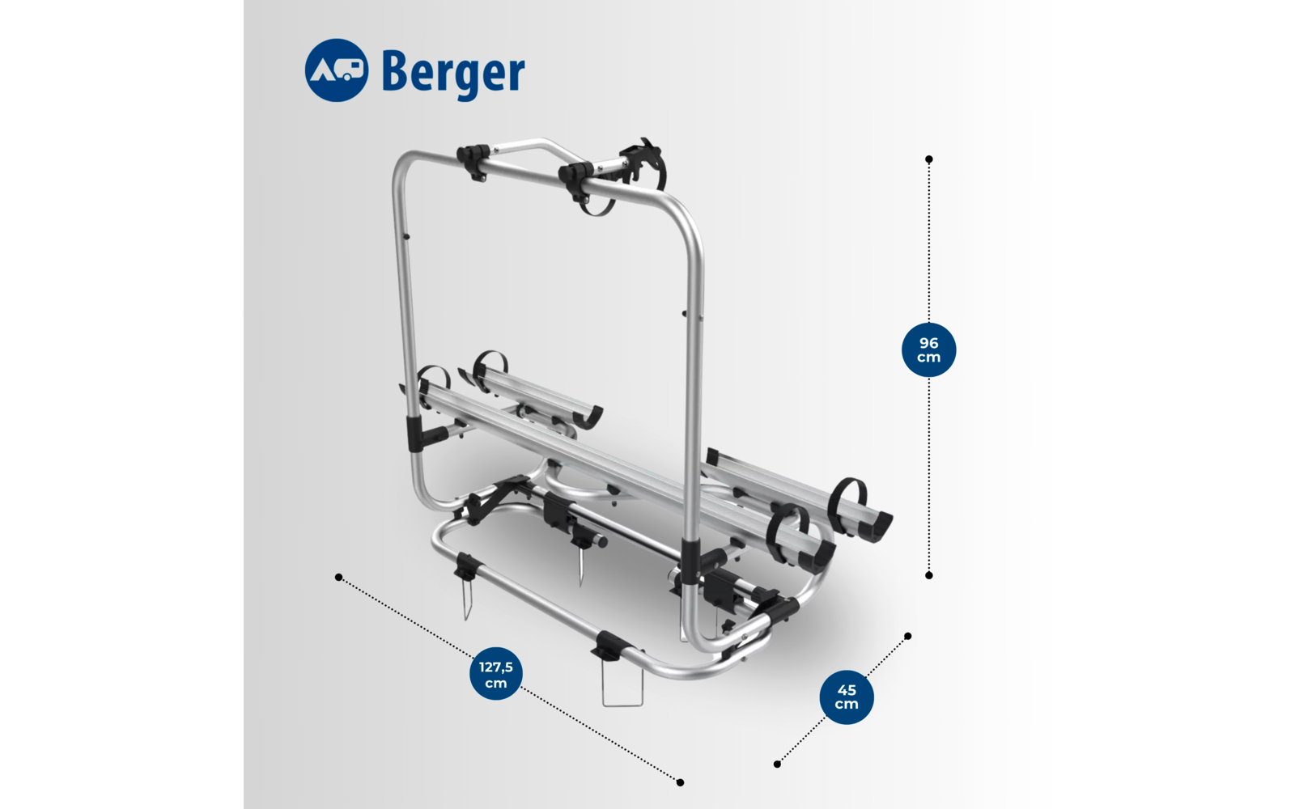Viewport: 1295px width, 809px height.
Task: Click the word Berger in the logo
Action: pyautogui.click(x=452, y=73)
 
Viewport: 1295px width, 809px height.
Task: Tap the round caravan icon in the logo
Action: pyautogui.click(x=337, y=70)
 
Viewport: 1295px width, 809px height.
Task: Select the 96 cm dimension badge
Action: pyautogui.click(x=928, y=350)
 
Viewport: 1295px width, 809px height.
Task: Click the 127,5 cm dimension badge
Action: pyautogui.click(x=495, y=674)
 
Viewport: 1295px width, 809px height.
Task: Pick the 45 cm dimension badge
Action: pyautogui.click(x=847, y=697)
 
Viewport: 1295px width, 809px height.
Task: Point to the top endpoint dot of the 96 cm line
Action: pyautogui.click(x=929, y=159)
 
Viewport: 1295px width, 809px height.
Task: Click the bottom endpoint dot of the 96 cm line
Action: pyautogui.click(x=929, y=575)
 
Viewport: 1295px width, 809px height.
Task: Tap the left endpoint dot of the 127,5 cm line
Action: pyautogui.click(x=338, y=577)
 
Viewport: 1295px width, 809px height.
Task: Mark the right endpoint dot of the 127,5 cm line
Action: pyautogui.click(x=680, y=782)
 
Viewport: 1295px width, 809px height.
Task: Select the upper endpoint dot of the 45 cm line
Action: pyautogui.click(x=907, y=637)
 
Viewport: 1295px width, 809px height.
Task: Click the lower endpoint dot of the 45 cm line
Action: pyautogui.click(x=777, y=764)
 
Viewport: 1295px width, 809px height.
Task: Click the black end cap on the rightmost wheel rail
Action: pyautogui.click(x=876, y=527)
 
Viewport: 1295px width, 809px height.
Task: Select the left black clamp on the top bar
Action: pyautogui.click(x=473, y=160)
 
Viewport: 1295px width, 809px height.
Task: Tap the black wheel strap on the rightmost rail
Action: pyautogui.click(x=847, y=500)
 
